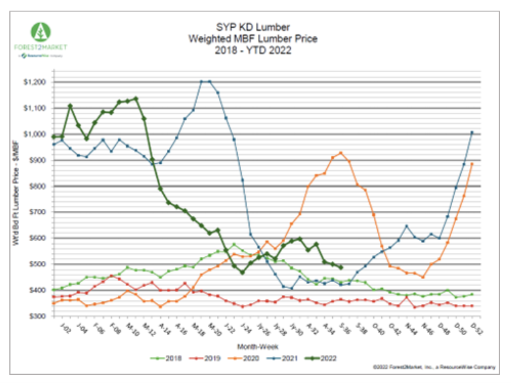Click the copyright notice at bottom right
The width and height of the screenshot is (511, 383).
[x=434, y=367]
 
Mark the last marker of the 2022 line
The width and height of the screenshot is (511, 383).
[x=341, y=267]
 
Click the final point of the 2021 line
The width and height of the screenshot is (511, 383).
[x=472, y=132]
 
